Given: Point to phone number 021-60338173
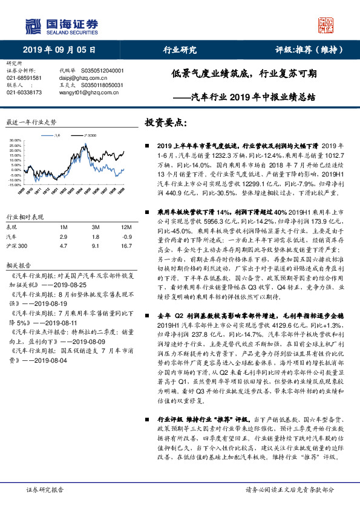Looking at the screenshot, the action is pyautogui.click(x=24, y=92).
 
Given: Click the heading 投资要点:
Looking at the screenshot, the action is pyautogui.click(x=165, y=122).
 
